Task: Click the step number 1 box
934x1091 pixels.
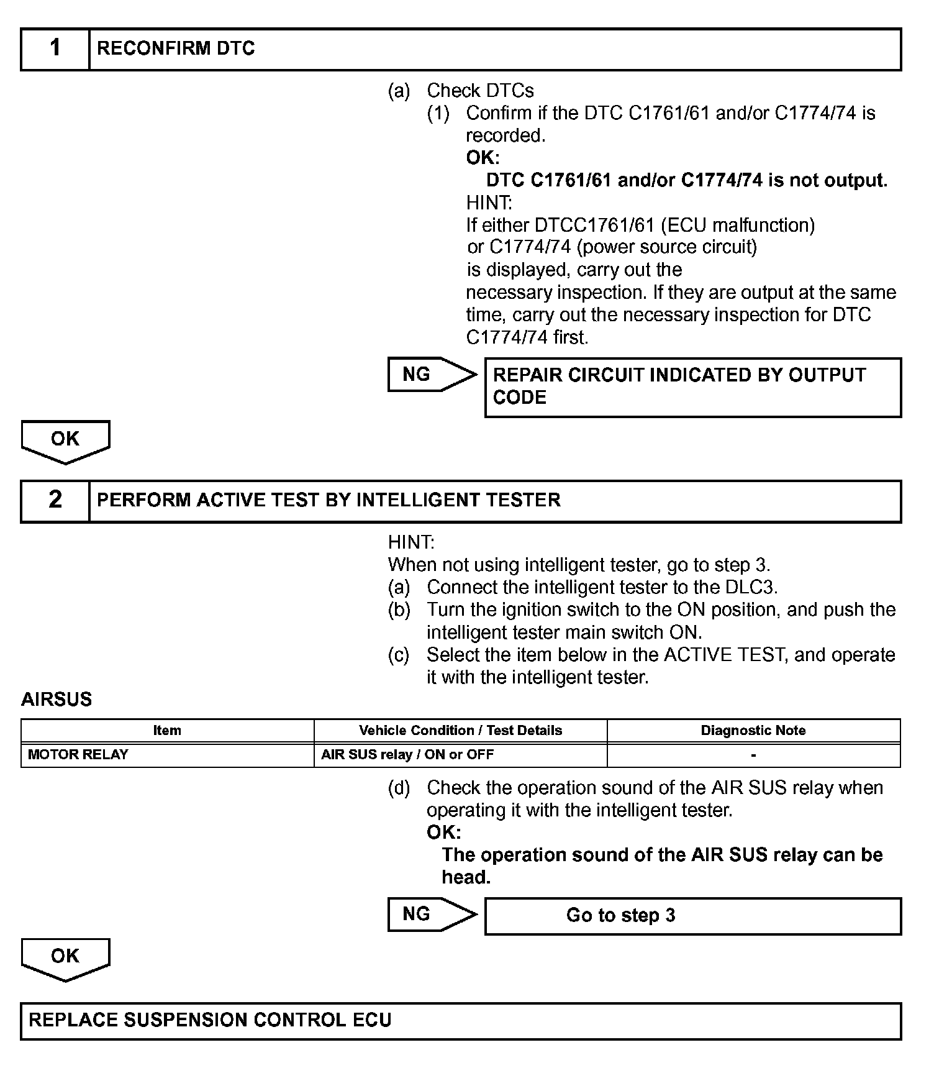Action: [x=55, y=48]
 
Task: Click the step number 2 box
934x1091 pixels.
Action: [x=55, y=500]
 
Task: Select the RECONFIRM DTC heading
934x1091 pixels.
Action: [x=176, y=48]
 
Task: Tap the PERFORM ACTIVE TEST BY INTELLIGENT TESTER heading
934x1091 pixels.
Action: [x=329, y=500]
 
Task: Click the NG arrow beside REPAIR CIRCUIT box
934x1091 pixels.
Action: [x=431, y=374]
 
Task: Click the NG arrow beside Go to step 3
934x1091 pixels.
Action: [x=431, y=914]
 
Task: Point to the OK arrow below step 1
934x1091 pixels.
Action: [x=65, y=441]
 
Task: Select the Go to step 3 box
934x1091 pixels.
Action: [x=692, y=916]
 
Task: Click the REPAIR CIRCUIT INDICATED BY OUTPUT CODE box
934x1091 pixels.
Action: [x=692, y=386]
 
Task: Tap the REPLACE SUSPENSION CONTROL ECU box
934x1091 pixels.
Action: [x=460, y=1021]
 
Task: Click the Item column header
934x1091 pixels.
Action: [x=167, y=731]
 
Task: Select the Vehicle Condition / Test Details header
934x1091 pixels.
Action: [x=460, y=731]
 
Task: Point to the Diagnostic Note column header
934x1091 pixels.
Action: [x=753, y=731]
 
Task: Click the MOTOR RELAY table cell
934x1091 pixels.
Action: [x=78, y=755]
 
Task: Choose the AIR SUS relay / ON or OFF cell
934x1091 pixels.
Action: [x=407, y=755]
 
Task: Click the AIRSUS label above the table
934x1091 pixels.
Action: [x=57, y=700]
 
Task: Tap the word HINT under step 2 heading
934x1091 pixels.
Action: [x=411, y=542]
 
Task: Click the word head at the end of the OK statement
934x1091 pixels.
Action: [x=466, y=877]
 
